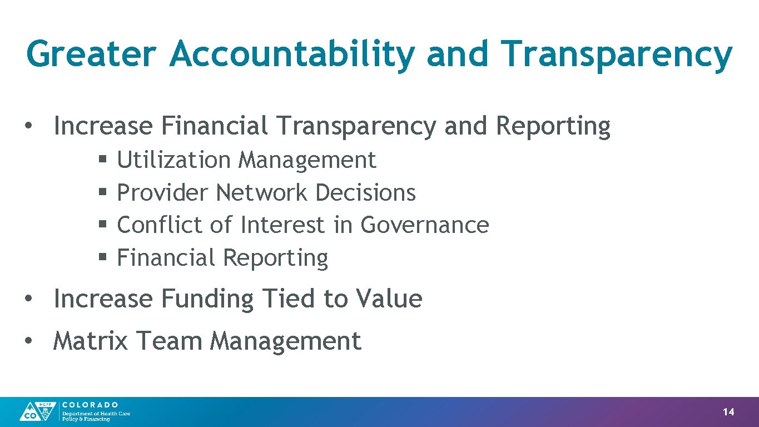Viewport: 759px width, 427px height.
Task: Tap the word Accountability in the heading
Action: (292, 54)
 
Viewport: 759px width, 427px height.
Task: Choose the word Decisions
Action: (365, 193)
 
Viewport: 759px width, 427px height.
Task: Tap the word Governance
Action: (425, 225)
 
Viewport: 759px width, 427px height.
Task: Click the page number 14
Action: (728, 412)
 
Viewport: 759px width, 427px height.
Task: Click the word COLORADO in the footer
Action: (90, 405)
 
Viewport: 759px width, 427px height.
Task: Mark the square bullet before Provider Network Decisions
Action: (103, 192)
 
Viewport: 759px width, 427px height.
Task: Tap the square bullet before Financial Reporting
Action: (103, 257)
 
